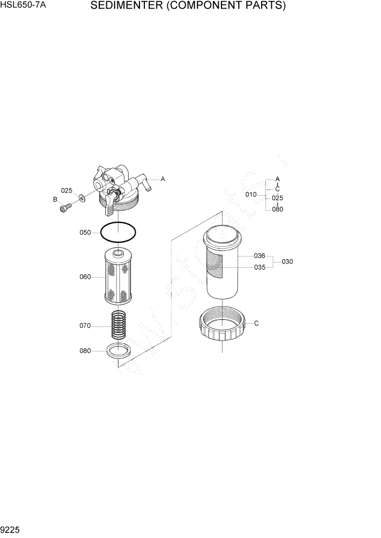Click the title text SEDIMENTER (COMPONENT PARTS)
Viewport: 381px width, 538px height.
click(188, 7)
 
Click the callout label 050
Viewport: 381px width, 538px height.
click(85, 233)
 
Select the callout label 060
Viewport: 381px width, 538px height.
click(85, 277)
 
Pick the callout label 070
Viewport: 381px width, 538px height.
click(85, 326)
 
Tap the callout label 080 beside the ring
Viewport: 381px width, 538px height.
click(85, 351)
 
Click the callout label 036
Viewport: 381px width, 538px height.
click(259, 255)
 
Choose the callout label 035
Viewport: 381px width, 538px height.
click(259, 267)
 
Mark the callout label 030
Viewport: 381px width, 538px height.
click(287, 261)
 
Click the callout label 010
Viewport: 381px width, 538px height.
click(251, 194)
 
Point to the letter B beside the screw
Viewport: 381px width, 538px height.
click(55, 200)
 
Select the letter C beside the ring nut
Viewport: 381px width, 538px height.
click(257, 323)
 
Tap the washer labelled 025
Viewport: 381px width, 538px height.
click(81, 198)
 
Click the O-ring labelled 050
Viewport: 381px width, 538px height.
click(118, 233)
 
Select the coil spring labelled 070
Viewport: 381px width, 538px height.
click(118, 325)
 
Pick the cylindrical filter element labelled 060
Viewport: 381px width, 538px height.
click(118, 277)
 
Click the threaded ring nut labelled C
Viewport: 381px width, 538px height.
click(223, 323)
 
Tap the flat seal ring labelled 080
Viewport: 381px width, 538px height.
click(118, 351)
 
